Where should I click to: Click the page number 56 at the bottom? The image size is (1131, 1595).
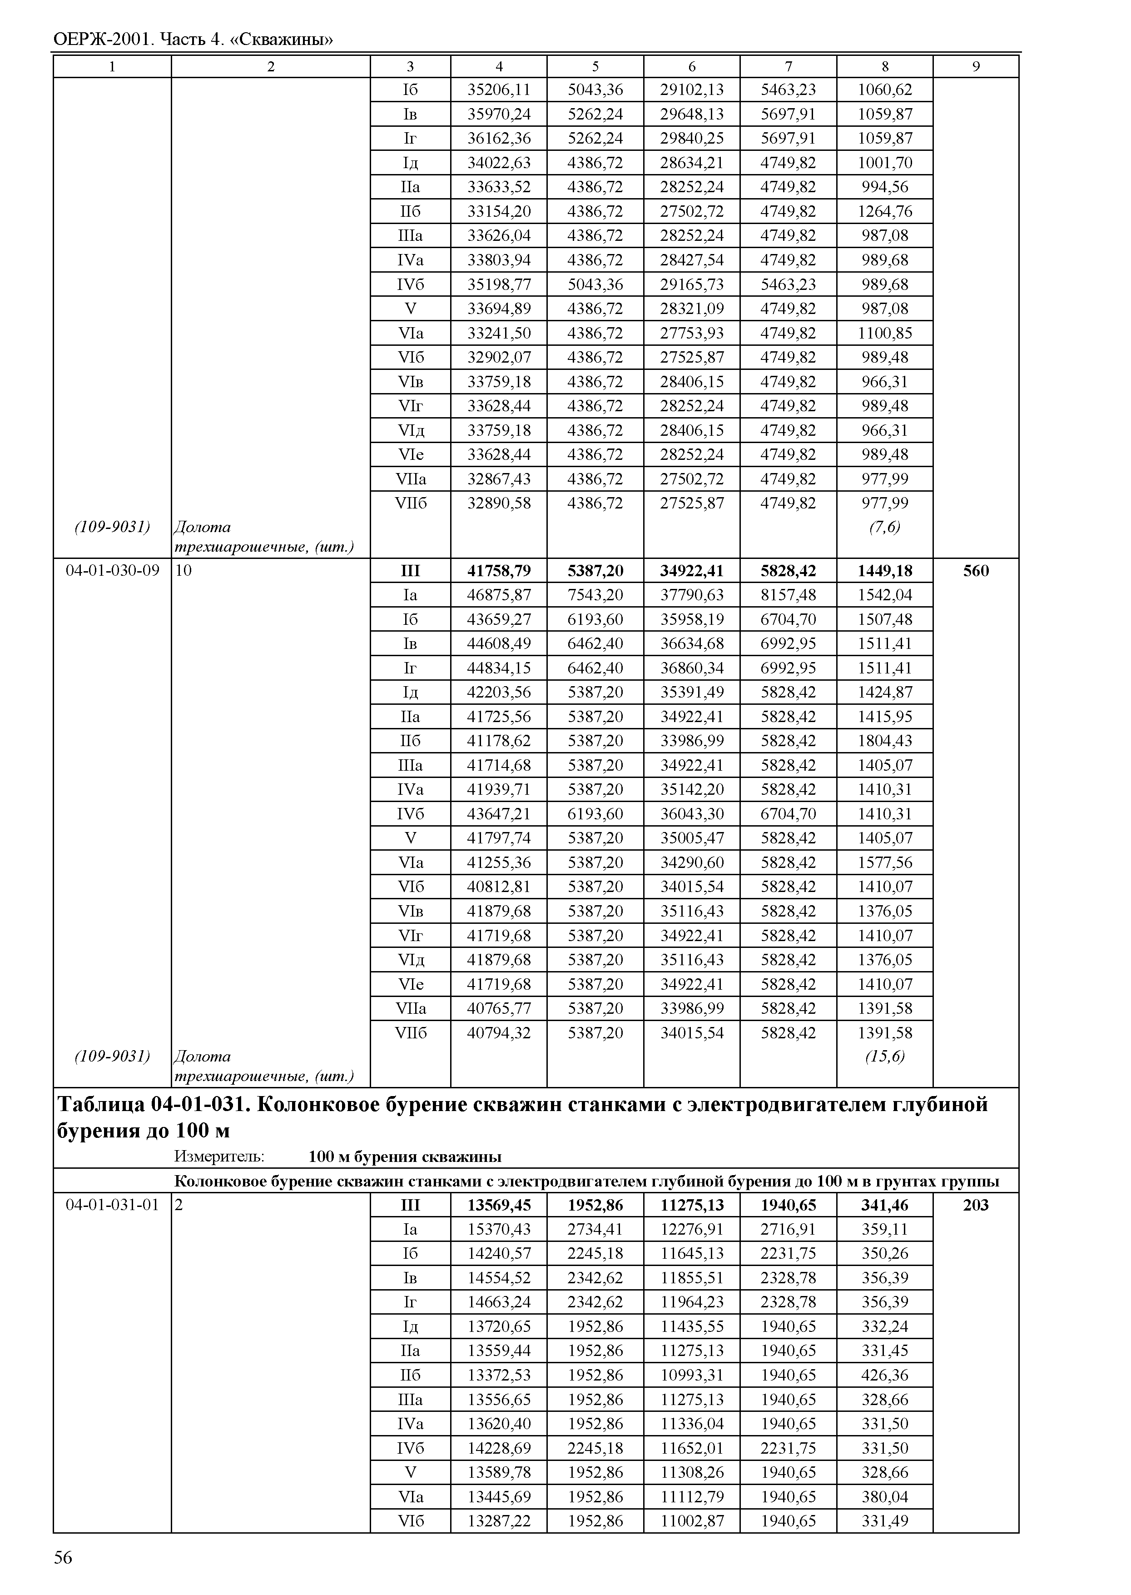coord(63,1558)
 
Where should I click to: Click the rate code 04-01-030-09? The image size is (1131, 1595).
coord(112,571)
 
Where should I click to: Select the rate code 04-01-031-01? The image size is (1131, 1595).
coord(112,1205)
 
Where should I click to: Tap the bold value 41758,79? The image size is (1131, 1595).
coord(499,571)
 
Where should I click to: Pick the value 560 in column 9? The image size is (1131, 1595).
coord(975,571)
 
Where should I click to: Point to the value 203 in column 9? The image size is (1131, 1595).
coord(975,1205)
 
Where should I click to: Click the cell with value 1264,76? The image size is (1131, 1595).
coord(884,211)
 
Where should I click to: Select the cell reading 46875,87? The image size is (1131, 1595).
coord(499,595)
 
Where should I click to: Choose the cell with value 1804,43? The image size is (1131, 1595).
coord(884,741)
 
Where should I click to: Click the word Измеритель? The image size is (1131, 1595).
coord(218,1156)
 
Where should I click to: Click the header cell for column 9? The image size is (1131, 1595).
coord(975,66)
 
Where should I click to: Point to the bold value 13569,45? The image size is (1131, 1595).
coord(499,1205)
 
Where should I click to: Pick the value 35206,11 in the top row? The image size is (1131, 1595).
coord(499,89)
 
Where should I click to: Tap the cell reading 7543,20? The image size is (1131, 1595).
coord(595,595)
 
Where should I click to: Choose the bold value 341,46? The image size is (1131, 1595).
coord(884,1205)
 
